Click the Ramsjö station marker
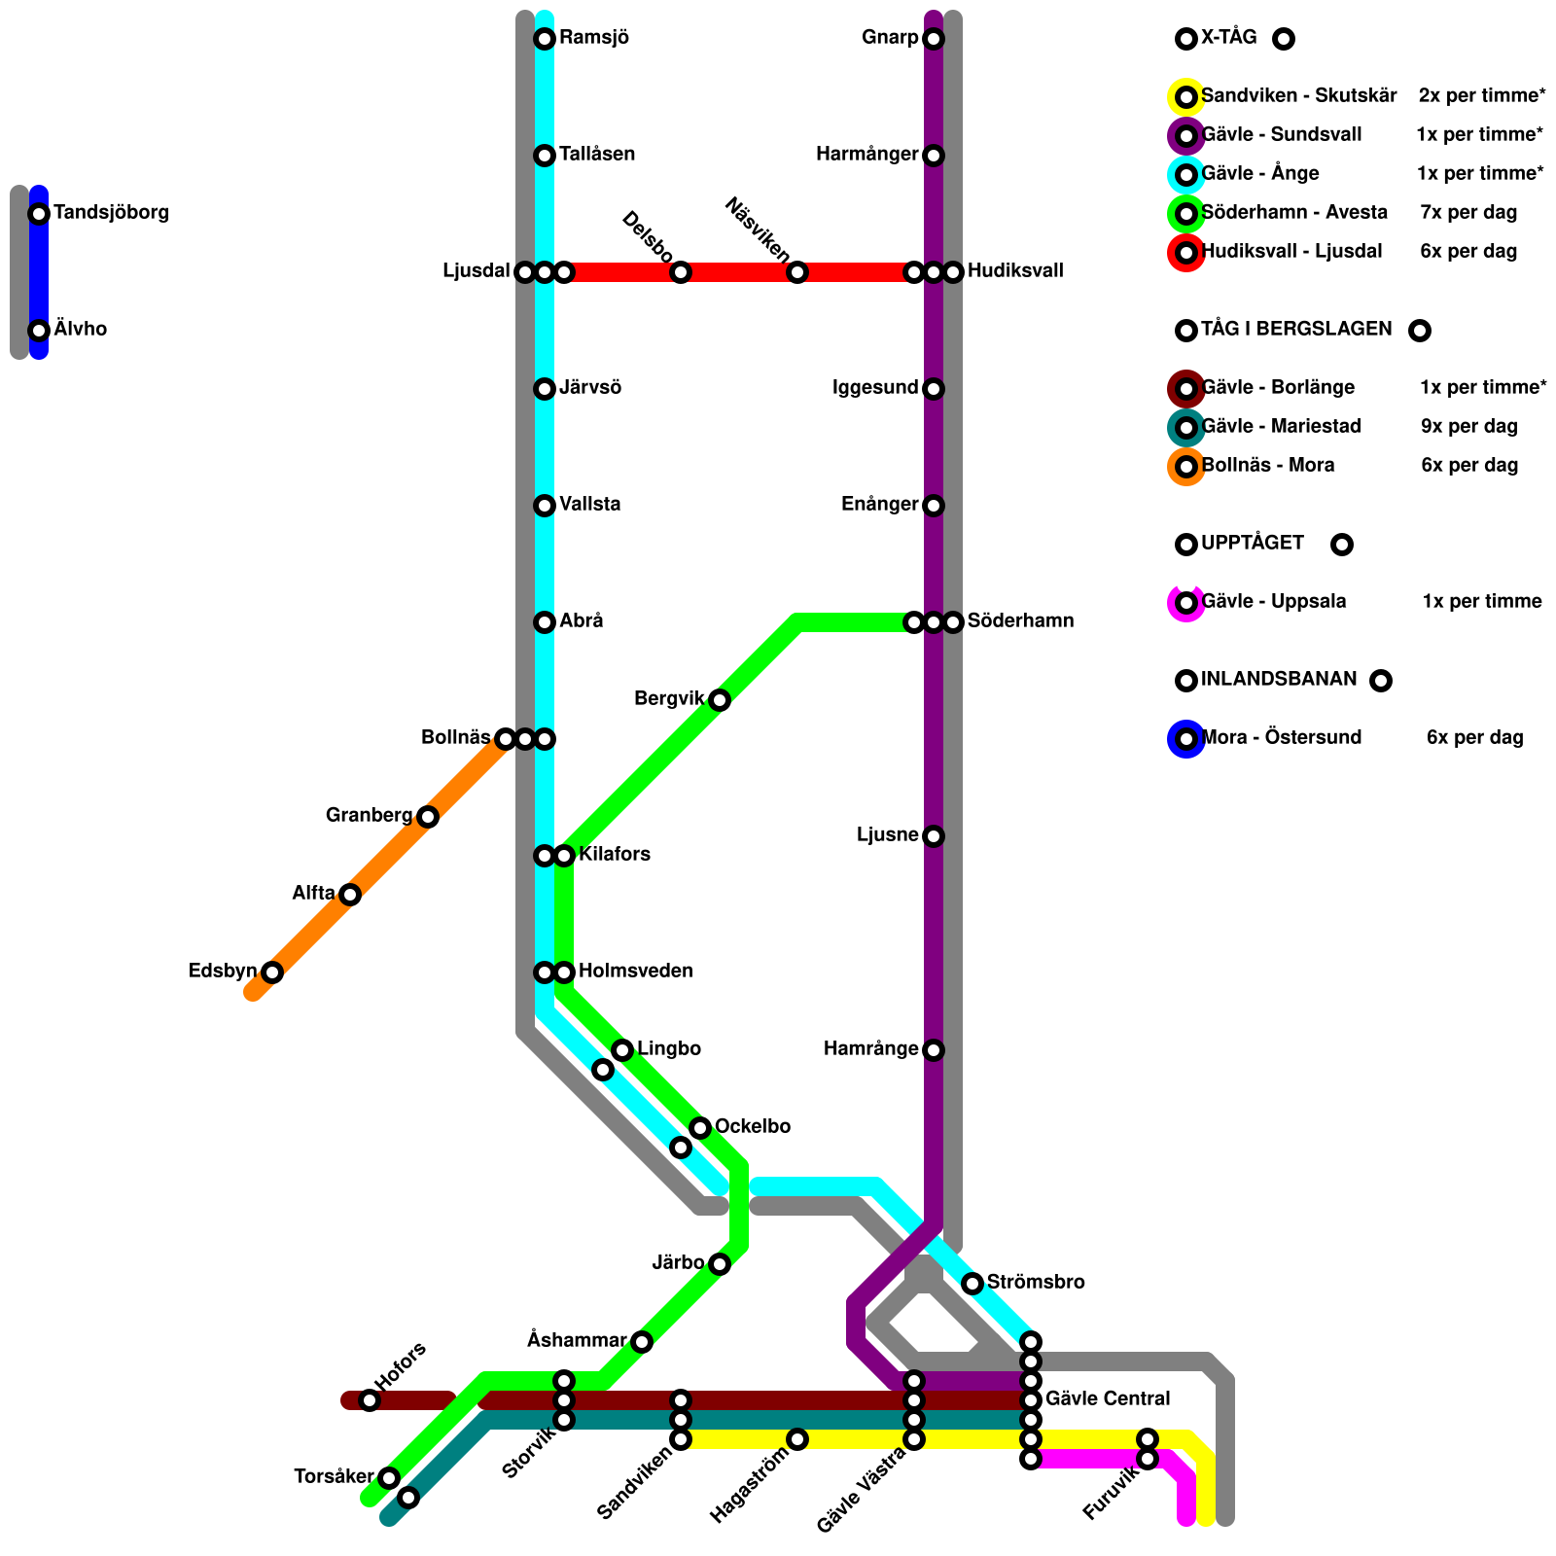point(545,39)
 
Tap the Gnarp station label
point(889,39)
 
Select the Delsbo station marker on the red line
point(681,272)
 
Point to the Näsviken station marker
point(797,272)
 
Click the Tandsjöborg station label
point(111,213)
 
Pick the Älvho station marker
point(39,331)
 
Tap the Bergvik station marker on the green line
point(720,700)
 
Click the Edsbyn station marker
point(272,972)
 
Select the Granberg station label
point(369,816)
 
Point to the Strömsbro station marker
point(972,1284)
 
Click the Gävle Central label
point(1108,1399)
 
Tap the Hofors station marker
point(370,1400)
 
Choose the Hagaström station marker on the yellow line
point(797,1439)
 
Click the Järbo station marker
point(720,1264)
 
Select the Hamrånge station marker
point(934,1050)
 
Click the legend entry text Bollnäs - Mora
point(1268,466)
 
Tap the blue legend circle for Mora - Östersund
point(1186,739)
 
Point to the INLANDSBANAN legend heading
point(1279,680)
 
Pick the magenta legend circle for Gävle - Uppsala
point(1186,603)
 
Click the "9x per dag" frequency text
point(1468,427)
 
